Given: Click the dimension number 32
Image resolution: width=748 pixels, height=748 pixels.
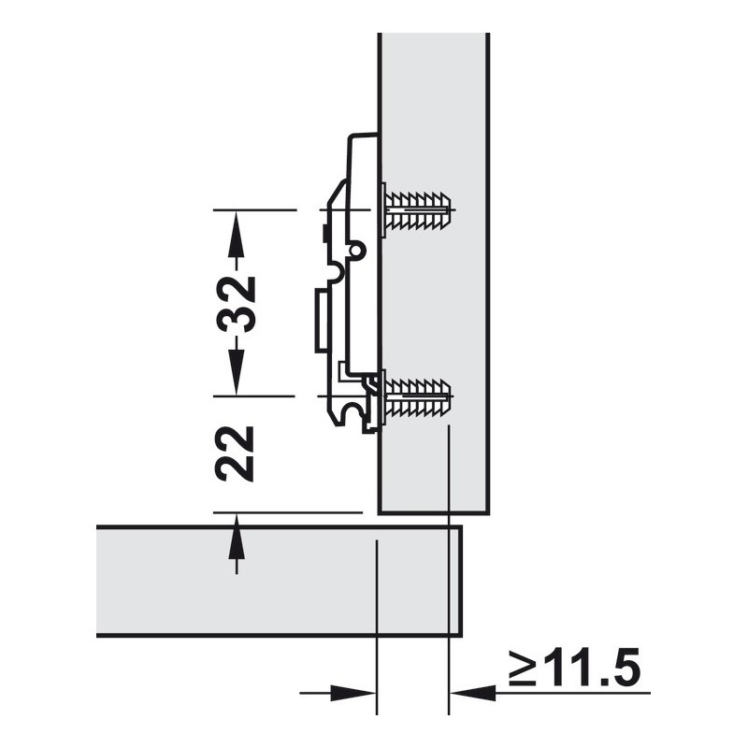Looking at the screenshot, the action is [x=236, y=303].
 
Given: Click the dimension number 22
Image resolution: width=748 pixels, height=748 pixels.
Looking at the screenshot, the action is [x=235, y=453].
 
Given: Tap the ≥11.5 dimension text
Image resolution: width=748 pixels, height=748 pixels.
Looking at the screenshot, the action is [x=575, y=667].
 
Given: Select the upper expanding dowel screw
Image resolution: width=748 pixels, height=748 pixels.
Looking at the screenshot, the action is [x=416, y=209].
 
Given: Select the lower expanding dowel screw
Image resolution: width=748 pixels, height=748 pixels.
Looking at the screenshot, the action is [x=416, y=396].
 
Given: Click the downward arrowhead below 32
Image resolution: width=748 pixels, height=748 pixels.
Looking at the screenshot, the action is [x=237, y=372].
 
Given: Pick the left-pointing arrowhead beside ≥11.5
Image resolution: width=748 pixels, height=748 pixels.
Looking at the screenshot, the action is [x=473, y=693].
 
